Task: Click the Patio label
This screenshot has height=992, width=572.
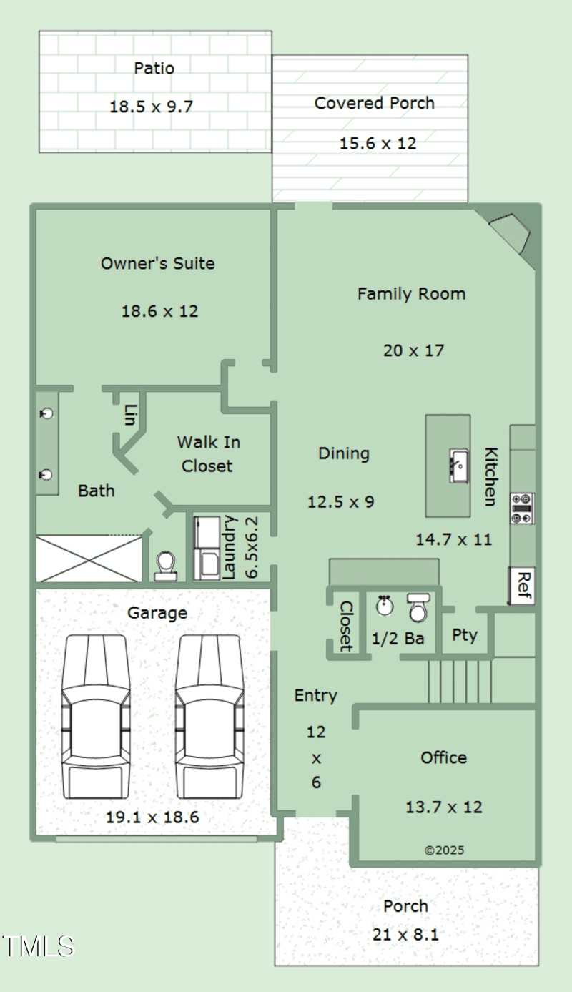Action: [x=154, y=68]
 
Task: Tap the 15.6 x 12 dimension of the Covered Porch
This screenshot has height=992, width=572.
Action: [x=378, y=144]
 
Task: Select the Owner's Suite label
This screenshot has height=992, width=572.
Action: [x=157, y=263]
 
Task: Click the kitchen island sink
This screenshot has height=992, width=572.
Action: [x=458, y=466]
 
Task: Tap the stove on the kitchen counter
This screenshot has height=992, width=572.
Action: [x=523, y=509]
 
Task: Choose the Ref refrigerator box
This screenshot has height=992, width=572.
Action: [x=522, y=585]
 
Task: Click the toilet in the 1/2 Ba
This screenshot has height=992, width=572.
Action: [x=418, y=608]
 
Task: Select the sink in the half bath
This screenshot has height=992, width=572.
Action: [x=384, y=605]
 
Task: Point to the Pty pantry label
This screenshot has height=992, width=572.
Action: [x=465, y=636]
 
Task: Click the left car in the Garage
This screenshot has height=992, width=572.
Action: [x=96, y=717]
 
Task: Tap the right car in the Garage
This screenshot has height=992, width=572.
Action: [x=209, y=717]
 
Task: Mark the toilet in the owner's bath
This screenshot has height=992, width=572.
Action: [x=166, y=566]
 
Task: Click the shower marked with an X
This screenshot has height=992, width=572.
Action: [x=89, y=559]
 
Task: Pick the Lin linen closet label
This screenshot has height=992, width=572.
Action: [x=130, y=415]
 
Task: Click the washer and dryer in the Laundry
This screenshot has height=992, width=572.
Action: [x=207, y=548]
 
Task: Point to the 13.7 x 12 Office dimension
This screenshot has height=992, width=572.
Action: [x=443, y=807]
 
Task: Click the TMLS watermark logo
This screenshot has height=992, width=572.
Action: [x=38, y=946]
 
